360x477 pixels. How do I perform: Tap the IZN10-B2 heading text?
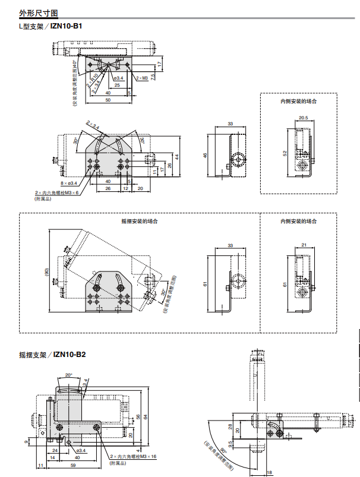click(70, 355)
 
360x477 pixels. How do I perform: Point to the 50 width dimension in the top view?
click(108, 100)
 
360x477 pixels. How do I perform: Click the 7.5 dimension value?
click(153, 76)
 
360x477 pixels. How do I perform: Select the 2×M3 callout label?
click(141, 78)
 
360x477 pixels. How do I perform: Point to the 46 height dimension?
click(206, 155)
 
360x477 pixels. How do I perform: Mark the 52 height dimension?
click(285, 153)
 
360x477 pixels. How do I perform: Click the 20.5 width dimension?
click(303, 118)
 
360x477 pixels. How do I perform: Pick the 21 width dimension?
click(303, 245)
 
